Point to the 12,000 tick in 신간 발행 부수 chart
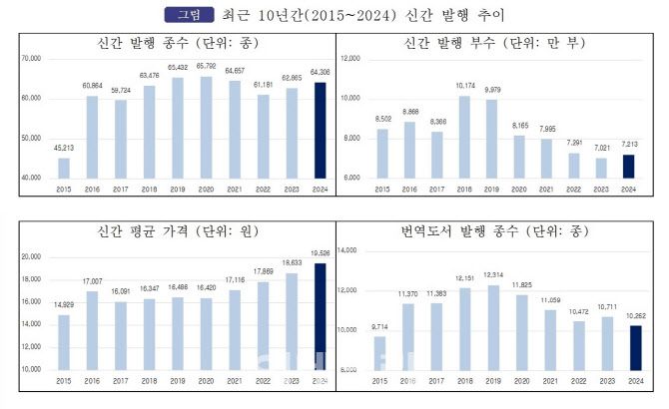[349, 59]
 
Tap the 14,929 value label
[64, 304]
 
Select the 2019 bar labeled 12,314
[493, 326]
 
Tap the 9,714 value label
[379, 326]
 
